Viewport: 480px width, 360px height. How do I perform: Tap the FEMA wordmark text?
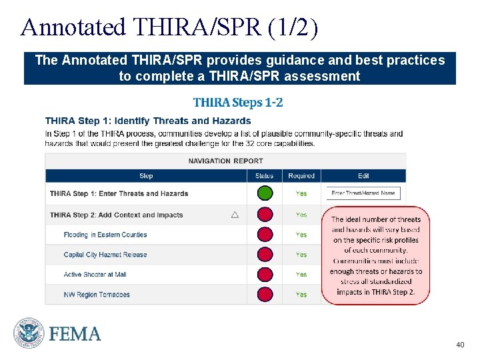coord(75,334)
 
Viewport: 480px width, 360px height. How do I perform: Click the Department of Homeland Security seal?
coord(29,333)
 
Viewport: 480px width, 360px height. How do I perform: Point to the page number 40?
coord(459,345)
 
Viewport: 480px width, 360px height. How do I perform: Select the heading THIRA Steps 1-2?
coord(237,102)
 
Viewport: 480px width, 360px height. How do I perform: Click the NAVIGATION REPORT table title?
coord(225,161)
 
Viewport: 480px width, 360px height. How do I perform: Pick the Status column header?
coord(264,176)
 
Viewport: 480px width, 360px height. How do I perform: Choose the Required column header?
coord(301,176)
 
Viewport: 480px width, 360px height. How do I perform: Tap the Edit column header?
coord(363,176)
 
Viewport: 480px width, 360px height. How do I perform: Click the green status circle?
coord(265,193)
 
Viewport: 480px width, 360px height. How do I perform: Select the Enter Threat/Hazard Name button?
coord(363,193)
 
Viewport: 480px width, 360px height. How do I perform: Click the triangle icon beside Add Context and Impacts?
coord(235,215)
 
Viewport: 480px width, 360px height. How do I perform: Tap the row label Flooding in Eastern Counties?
coord(105,235)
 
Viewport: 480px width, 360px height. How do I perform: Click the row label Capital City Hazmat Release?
coord(105,255)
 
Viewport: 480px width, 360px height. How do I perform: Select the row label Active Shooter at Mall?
coord(95,275)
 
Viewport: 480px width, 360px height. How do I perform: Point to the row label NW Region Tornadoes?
coord(97,295)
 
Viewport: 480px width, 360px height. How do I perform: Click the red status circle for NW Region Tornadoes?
coord(265,294)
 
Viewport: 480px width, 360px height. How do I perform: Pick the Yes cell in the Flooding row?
coord(301,235)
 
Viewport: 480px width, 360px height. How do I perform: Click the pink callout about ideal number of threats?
coord(376,255)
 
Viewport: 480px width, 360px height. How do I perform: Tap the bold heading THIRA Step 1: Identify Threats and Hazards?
coord(148,121)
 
